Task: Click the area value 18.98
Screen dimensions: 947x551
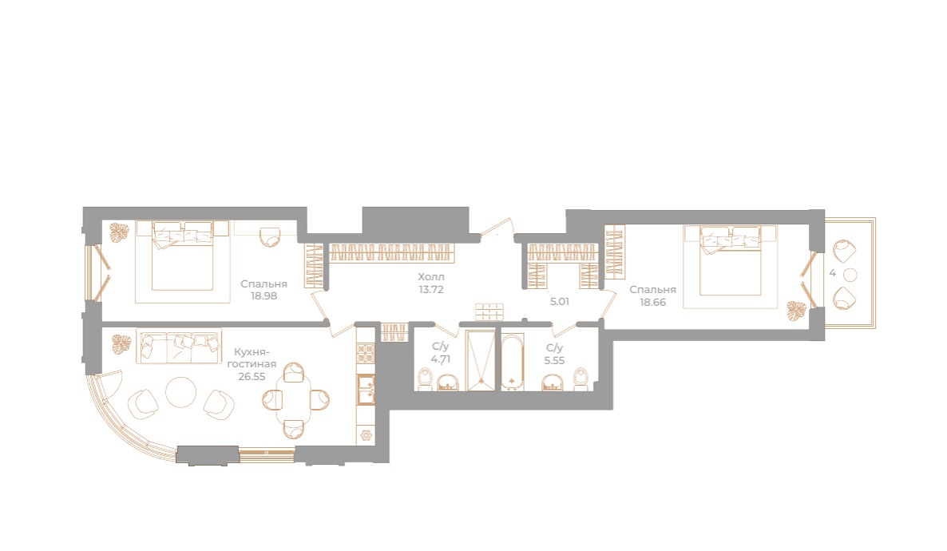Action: click(264, 296)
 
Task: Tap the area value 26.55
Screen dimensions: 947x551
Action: click(252, 376)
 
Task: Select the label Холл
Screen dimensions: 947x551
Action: click(430, 277)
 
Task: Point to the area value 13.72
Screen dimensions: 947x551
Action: click(430, 289)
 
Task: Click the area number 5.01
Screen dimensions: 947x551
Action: click(559, 301)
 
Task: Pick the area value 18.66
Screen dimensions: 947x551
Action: click(653, 302)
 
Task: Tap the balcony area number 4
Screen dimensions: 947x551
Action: click(832, 273)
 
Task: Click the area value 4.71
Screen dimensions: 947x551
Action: click(440, 359)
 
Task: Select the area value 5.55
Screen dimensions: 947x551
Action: click(554, 361)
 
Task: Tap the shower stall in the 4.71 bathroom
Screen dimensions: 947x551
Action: click(481, 360)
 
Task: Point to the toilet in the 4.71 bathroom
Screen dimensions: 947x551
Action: click(424, 379)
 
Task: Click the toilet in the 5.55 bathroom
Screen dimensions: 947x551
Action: click(581, 379)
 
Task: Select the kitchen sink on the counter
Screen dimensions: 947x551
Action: click(366, 388)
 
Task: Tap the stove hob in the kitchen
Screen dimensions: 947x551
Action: click(366, 352)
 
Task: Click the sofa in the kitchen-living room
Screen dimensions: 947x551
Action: click(179, 347)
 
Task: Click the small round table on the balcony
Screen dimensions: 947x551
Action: click(850, 275)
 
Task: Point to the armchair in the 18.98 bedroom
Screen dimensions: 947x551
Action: click(270, 236)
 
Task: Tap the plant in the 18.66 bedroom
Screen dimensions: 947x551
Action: click(795, 311)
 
